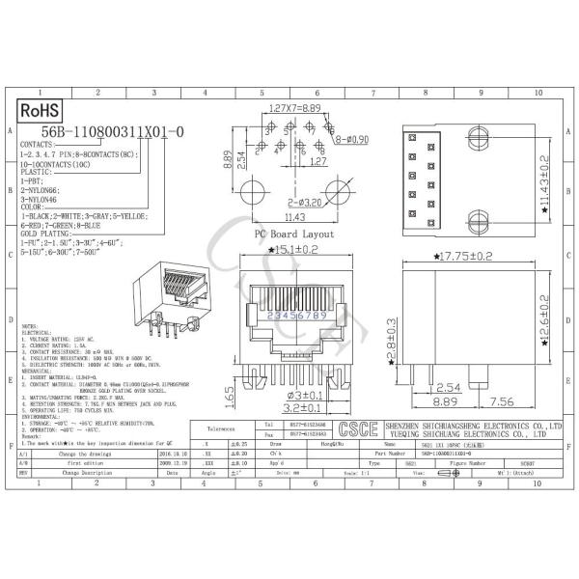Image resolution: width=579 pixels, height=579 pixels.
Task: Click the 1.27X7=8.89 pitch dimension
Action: (295, 109)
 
